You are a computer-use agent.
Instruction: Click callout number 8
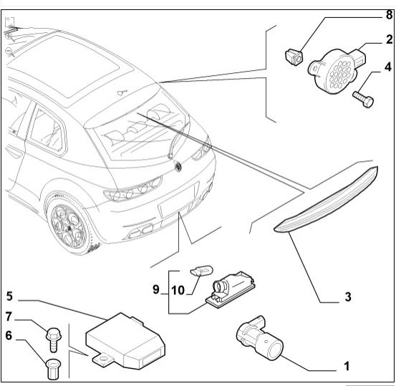click(390, 14)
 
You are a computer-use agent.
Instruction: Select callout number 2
click(390, 39)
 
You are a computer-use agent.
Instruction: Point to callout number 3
click(348, 296)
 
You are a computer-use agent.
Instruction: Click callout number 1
click(347, 366)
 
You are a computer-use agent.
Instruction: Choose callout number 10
click(178, 290)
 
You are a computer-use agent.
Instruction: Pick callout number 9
click(156, 289)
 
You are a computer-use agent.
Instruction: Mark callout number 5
click(9, 296)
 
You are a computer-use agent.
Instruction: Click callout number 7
click(9, 317)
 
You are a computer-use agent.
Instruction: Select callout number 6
click(9, 335)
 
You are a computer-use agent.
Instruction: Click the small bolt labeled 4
click(363, 100)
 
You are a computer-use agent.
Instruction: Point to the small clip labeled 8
click(294, 58)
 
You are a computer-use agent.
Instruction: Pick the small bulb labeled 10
click(201, 271)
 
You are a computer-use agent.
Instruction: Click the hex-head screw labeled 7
click(53, 339)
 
